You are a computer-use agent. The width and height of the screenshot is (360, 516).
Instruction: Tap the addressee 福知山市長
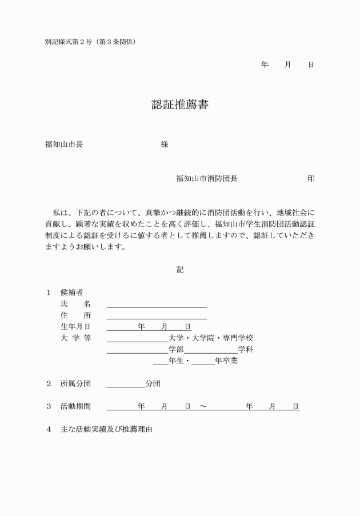coord(64,144)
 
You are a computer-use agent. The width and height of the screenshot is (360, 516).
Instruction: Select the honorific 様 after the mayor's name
coord(165,144)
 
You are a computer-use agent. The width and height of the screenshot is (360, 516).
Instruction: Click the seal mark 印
coord(310,178)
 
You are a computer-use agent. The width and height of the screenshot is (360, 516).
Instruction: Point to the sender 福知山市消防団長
coord(207,178)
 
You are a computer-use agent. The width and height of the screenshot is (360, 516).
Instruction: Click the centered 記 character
coord(180,269)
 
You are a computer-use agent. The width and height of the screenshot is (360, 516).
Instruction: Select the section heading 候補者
coord(71,292)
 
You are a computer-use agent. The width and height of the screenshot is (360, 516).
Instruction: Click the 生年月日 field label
coord(75,326)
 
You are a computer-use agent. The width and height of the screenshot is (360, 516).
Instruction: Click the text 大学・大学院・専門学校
coord(210,338)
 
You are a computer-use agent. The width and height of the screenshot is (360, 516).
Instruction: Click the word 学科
coord(245,349)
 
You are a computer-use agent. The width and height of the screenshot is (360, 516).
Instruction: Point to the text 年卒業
coord(226,361)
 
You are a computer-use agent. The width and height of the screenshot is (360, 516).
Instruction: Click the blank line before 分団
coord(126,386)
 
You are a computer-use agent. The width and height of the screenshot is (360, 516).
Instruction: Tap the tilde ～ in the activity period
coord(203,406)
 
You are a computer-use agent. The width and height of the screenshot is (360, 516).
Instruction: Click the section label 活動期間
coord(75,406)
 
